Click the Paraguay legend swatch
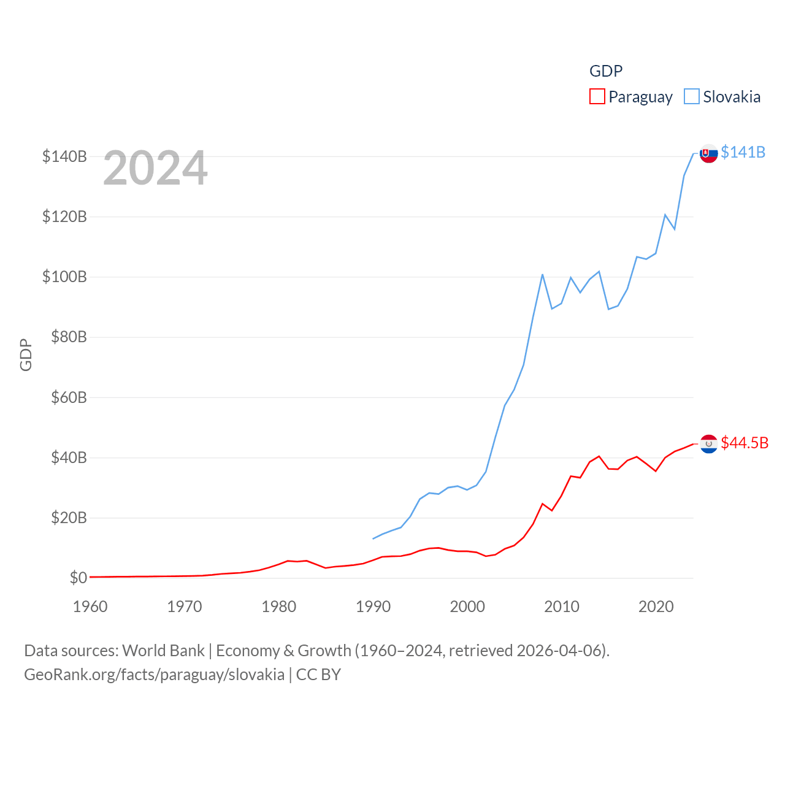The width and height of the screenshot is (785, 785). coord(597,97)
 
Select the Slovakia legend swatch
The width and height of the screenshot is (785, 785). coord(691,97)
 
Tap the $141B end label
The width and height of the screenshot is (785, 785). coord(743,152)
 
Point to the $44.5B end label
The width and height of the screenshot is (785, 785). coord(745,443)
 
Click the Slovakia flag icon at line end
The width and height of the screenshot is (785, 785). coord(709,153)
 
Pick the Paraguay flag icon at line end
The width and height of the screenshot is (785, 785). coord(709,444)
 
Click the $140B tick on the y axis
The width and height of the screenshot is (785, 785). coord(64,156)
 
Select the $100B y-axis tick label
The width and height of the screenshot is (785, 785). coord(64,277)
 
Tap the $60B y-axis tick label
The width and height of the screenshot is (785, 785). coord(69,397)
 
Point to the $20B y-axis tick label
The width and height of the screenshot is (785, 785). coord(69,518)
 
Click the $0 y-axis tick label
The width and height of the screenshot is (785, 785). coord(78,578)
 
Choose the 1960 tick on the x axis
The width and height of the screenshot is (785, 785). coord(90,607)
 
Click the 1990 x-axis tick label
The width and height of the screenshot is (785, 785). coord(373,607)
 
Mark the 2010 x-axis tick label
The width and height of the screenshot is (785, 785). coord(562,607)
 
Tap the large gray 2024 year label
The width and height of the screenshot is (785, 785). coord(155,168)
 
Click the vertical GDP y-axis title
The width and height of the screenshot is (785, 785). coord(26,354)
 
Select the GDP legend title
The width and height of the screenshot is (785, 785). coord(606,71)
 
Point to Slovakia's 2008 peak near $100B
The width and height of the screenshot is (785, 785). coord(542,275)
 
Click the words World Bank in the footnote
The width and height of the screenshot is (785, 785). coord(163,650)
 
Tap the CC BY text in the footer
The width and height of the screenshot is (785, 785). coord(318,675)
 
